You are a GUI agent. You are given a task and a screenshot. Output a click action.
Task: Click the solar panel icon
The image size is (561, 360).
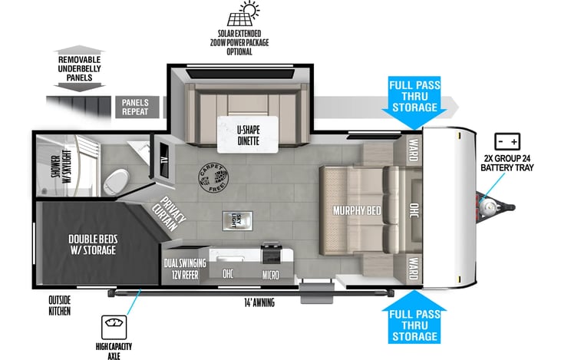pyautogui.click(x=243, y=14)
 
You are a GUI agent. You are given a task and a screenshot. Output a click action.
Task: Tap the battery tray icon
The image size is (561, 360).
pyautogui.click(x=507, y=142)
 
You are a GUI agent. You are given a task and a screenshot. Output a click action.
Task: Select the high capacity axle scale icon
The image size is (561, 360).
pyautogui.click(x=114, y=327)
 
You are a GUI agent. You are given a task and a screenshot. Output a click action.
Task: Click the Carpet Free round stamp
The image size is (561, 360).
pyautogui.click(x=213, y=178)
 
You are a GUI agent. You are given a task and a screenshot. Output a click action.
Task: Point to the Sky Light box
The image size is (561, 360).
pyautogui.click(x=238, y=221)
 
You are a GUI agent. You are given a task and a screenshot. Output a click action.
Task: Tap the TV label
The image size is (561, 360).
pyautogui.click(x=164, y=160)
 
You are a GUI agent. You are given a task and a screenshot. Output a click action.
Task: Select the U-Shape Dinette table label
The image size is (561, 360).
pyautogui.click(x=248, y=135)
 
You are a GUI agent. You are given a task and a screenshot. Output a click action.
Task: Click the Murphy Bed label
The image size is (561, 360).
pyautogui.click(x=357, y=210)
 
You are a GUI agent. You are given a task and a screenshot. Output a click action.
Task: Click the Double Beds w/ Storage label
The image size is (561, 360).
pyautogui.click(x=93, y=244)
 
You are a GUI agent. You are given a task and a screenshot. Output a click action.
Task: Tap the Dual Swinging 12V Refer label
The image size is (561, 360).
pyautogui.click(x=185, y=269)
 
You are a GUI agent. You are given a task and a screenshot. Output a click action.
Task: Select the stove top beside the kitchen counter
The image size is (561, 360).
pyautogui.click(x=270, y=253)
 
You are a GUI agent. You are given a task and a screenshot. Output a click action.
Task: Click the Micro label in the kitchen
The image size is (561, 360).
pyautogui.click(x=270, y=275)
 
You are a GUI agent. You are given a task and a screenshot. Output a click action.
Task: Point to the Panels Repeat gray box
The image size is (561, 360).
pyautogui.click(x=137, y=107)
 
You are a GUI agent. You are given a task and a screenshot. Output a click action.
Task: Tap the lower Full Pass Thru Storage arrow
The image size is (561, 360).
pyautogui.click(x=414, y=317)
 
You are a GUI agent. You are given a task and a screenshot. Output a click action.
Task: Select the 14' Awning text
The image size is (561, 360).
pyautogui.click(x=259, y=302)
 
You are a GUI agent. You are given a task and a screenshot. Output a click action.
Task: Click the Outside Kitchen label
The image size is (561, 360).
pyautogui.click(x=59, y=306)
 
